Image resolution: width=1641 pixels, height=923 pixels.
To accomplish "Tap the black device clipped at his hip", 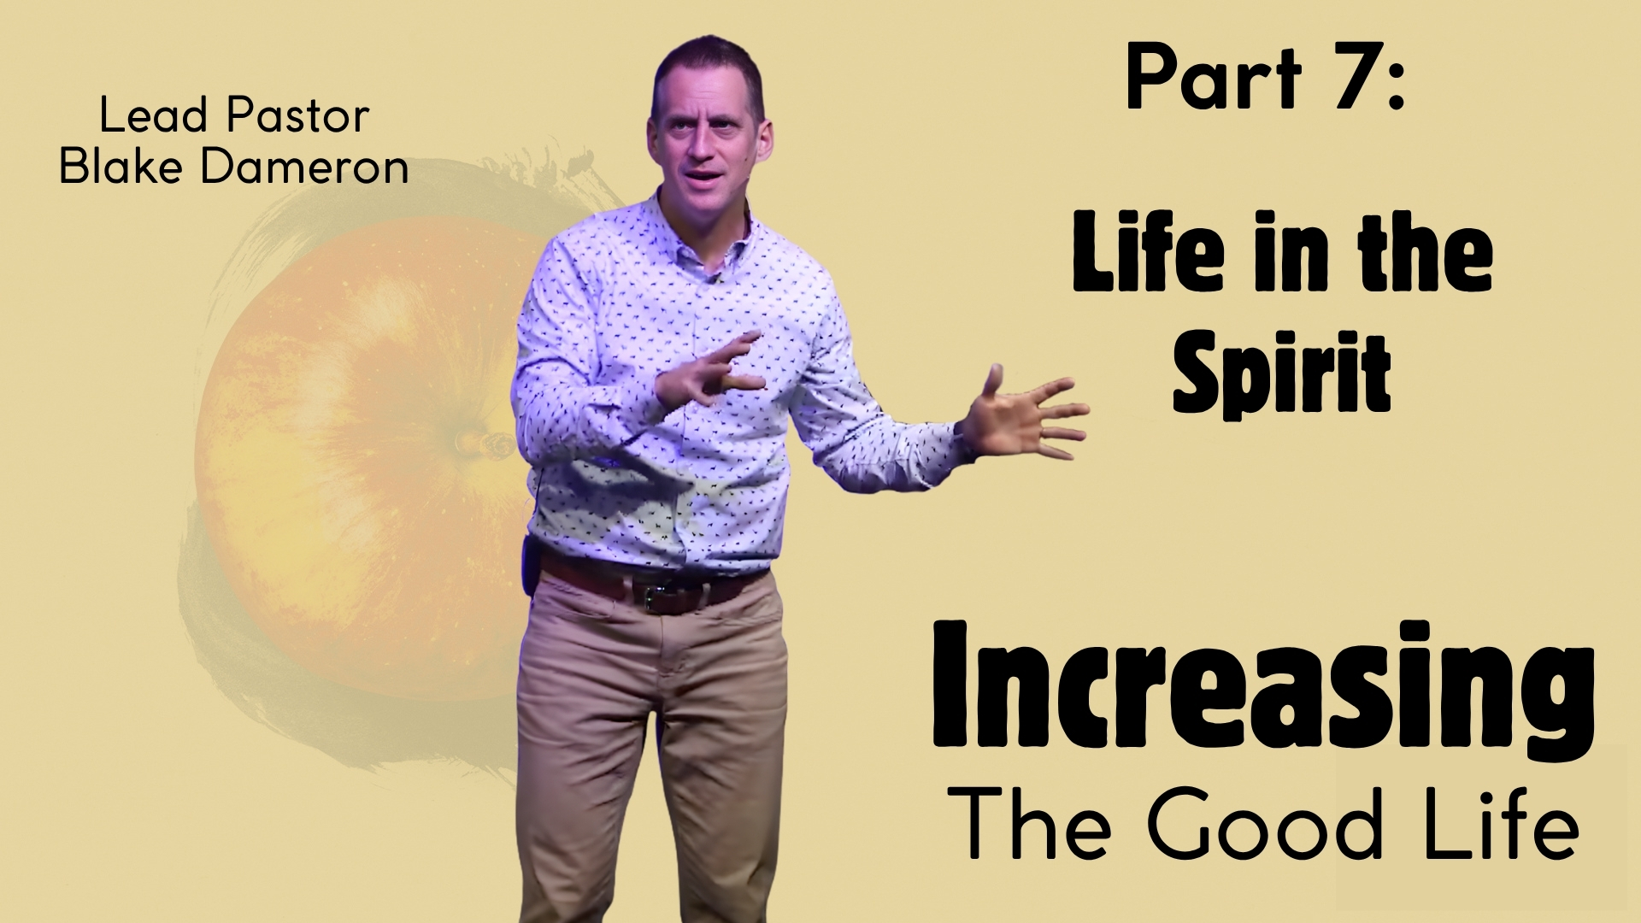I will pos(531,557).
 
